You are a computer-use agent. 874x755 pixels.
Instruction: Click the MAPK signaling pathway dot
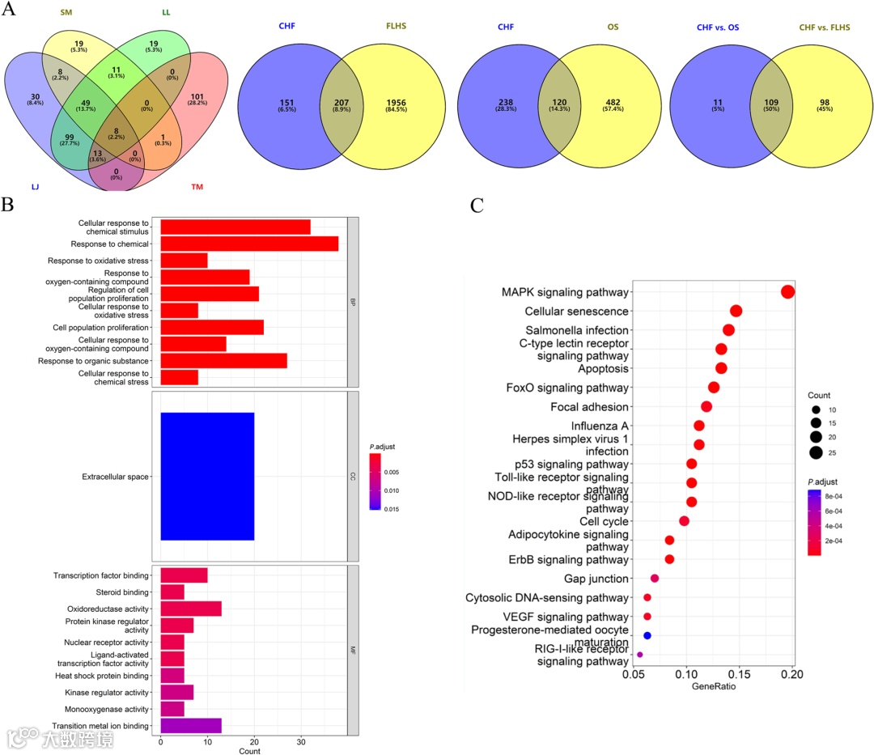coord(787,292)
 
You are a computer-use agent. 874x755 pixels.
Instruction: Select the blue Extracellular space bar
coord(207,477)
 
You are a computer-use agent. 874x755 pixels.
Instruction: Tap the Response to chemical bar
coord(249,244)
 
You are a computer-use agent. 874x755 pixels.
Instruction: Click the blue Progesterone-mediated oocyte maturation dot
coord(647,635)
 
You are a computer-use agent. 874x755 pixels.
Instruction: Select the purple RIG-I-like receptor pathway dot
coord(640,655)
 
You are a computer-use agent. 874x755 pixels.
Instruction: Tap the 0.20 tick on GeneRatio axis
coord(792,674)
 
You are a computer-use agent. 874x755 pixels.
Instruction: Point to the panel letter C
coord(477,206)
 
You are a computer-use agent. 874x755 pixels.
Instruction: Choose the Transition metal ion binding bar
coord(191,726)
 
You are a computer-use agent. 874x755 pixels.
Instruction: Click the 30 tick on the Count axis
coord(301,741)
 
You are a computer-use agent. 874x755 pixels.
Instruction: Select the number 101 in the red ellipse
coord(197,100)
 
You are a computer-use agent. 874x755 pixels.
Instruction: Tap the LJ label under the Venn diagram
coord(36,188)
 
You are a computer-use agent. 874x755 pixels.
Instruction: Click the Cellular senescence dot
coord(736,311)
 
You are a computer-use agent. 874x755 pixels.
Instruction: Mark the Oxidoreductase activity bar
coord(191,609)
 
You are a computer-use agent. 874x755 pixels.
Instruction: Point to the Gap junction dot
coord(655,578)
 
